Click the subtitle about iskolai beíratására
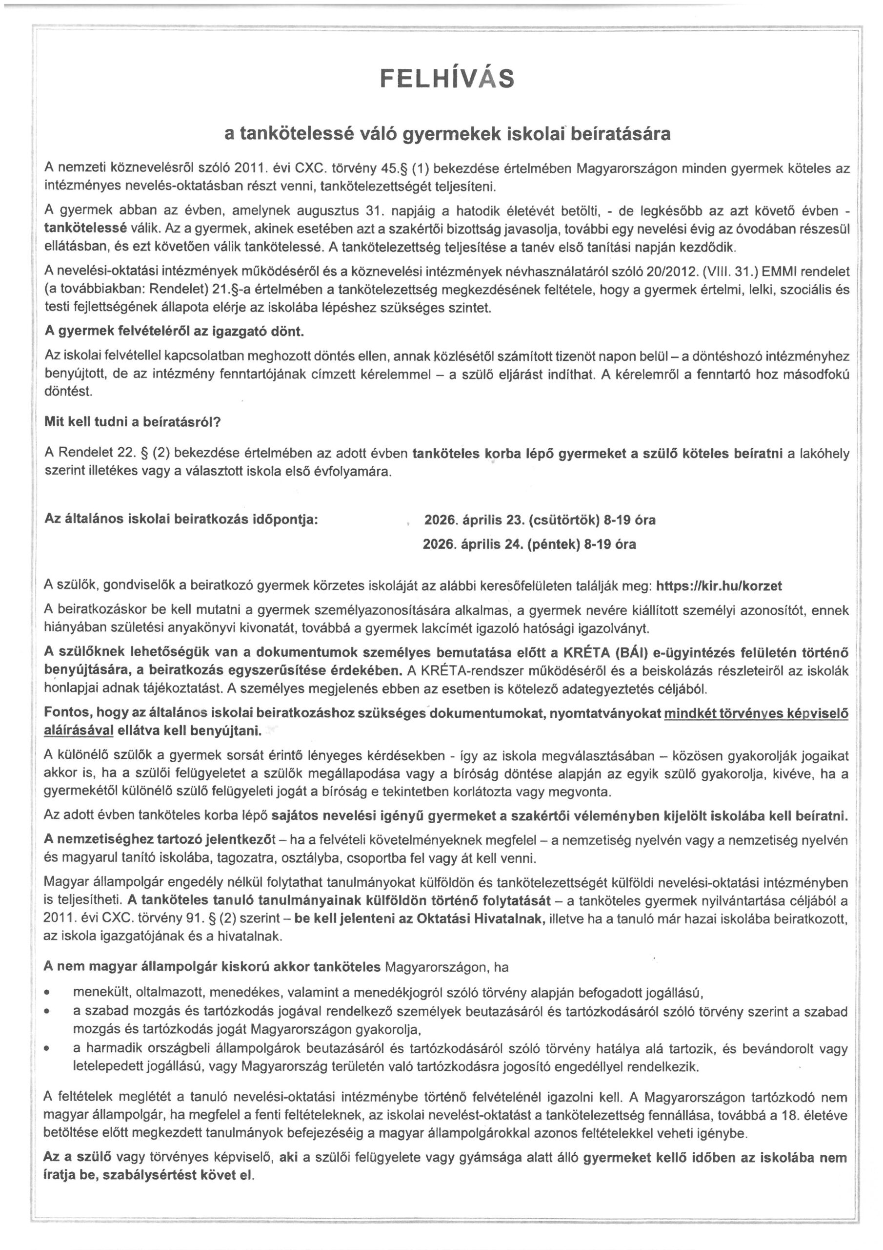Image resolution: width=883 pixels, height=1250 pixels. [x=447, y=134]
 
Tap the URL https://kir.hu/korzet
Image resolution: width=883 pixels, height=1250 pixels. [x=719, y=586]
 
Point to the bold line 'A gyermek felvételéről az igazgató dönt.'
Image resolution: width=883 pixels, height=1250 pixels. [x=175, y=332]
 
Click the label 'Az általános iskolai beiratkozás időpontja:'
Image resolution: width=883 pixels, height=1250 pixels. [x=181, y=519]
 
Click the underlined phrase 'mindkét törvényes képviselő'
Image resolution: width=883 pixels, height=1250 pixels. [x=756, y=714]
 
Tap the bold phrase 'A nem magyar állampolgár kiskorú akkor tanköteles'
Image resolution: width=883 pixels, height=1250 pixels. [x=212, y=967]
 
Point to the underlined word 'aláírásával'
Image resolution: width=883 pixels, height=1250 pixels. [x=79, y=730]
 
